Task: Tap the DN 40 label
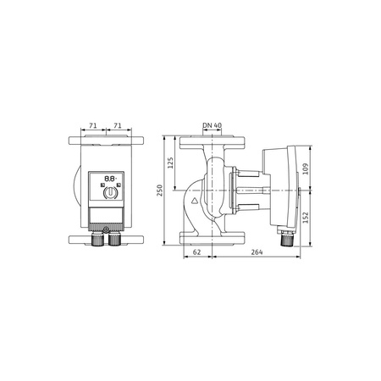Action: [x=213, y=126]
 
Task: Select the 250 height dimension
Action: [x=159, y=191]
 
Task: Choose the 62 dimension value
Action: [x=196, y=252]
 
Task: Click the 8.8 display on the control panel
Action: [x=109, y=179]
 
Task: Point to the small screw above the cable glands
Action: [x=105, y=228]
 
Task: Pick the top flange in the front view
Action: [x=106, y=139]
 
